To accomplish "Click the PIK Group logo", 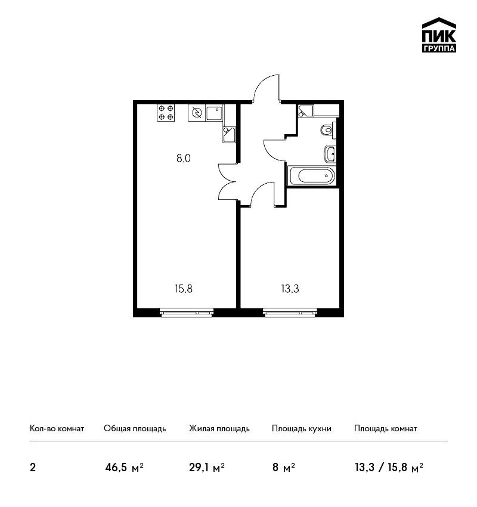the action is coord(439,35).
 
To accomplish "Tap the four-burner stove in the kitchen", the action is coord(166,113).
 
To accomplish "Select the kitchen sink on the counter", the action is coord(214,113).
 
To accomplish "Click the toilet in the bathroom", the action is coord(329,130).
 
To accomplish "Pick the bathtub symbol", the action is coord(311,176).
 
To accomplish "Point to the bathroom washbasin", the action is coord(330,154).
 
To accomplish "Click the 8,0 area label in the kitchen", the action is coord(184,159).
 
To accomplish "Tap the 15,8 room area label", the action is coord(184,289).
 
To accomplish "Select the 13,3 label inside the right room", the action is coord(290,289).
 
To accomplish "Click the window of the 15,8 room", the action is coord(187,313).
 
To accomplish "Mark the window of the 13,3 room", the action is coord(290,313).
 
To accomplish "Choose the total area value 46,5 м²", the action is coord(125,468).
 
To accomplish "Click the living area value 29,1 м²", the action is coord(207,468).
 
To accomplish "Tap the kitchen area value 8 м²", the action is coord(283,468).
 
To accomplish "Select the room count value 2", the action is coord(33,468).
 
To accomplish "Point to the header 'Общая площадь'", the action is coord(135,429).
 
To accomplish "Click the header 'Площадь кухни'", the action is coord(302,429).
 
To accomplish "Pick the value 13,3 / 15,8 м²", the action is coord(389,468).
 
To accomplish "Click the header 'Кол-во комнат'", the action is coord(57,429).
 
